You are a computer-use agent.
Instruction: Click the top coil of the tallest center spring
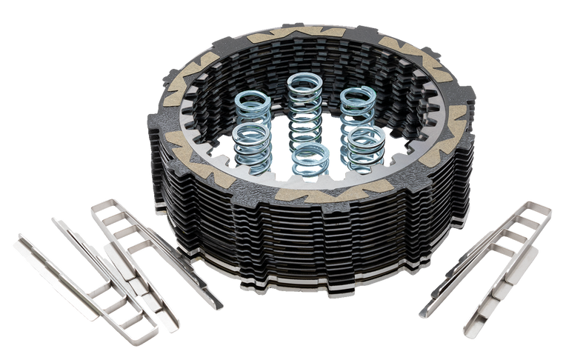303,82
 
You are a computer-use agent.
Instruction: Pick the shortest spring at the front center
311,157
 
